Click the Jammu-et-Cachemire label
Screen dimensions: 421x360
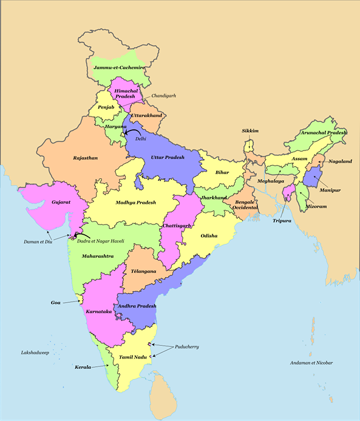coord(119,69)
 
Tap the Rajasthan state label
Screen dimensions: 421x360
coord(86,157)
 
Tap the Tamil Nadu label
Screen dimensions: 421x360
coord(135,357)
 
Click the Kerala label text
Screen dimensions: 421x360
coord(83,367)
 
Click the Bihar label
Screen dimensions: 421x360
coord(222,172)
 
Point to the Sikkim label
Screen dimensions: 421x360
coord(250,130)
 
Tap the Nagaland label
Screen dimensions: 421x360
coord(340,161)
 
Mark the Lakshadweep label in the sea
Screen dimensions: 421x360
coord(35,352)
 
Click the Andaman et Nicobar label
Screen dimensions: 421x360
coord(312,363)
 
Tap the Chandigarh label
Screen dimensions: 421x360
coord(163,96)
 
